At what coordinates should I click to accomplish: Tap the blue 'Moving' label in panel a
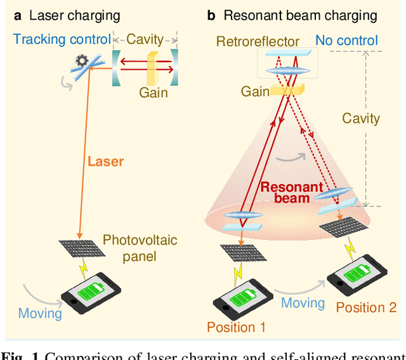(40, 313)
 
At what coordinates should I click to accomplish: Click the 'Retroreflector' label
(258, 42)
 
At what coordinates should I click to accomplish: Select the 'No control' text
(346, 42)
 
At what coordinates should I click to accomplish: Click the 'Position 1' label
(236, 328)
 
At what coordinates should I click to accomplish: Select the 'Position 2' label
(366, 308)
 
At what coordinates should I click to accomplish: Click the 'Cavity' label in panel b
(360, 118)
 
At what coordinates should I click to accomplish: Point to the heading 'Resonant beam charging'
(300, 15)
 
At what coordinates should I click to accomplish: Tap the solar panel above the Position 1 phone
(240, 253)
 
